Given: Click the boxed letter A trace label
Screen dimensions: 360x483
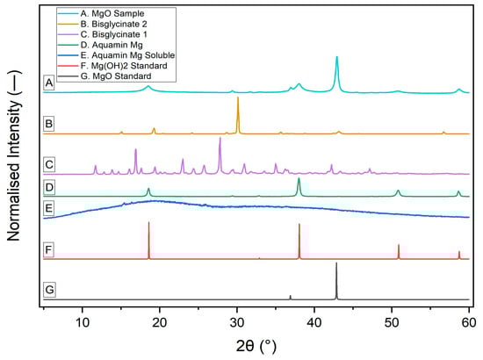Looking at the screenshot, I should pyautogui.click(x=50, y=83).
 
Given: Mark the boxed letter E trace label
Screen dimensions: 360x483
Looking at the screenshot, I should pyautogui.click(x=50, y=208).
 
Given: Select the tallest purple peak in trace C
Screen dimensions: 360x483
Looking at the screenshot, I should pyautogui.click(x=220, y=140).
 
